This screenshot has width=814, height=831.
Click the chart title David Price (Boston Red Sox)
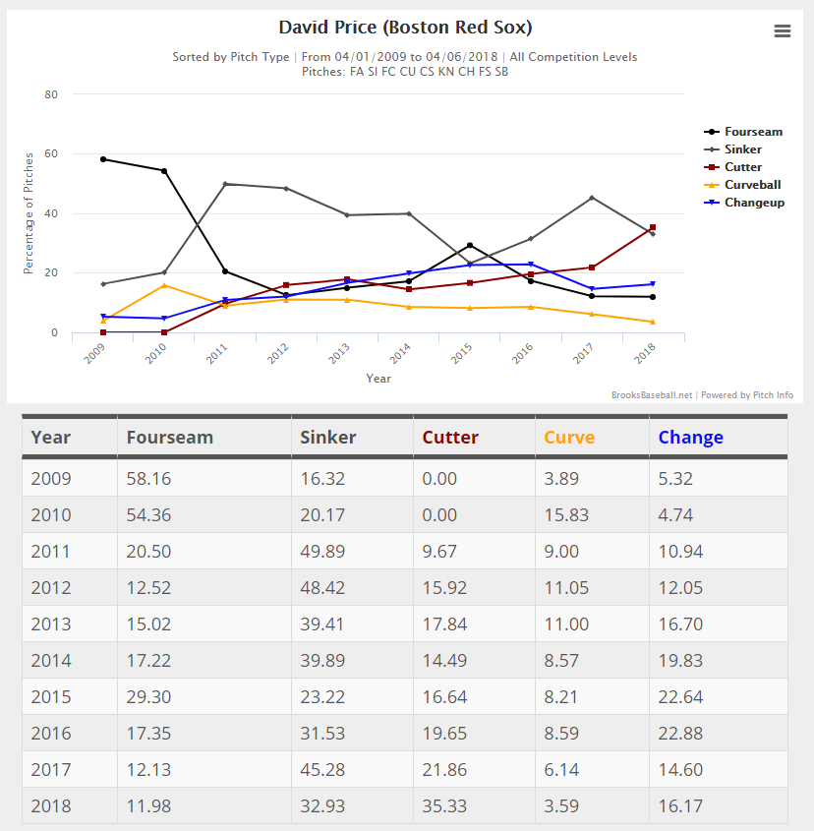pos(406,28)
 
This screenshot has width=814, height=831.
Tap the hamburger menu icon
pos(783,30)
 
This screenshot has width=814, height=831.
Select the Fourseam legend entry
pos(753,132)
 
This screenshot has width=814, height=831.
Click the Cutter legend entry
pos(743,167)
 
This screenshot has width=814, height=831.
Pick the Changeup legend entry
pos(754,203)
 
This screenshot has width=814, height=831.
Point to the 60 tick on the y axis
pos(52,154)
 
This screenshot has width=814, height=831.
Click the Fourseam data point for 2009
pos(103,159)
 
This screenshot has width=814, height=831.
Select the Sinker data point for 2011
pos(225,184)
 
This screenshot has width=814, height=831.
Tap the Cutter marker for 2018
pos(653,227)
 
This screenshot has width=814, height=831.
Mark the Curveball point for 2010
pos(164,285)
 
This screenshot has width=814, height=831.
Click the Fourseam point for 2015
pos(470,245)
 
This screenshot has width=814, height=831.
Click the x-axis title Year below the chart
pos(378,379)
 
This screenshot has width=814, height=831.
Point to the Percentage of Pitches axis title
pos(29,212)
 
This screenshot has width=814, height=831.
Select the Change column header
pos(690,438)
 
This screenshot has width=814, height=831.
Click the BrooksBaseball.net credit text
pos(652,395)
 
